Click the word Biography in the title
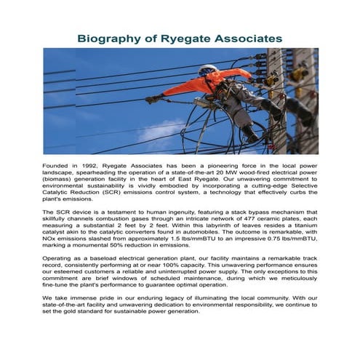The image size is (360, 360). [x=112, y=36]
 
